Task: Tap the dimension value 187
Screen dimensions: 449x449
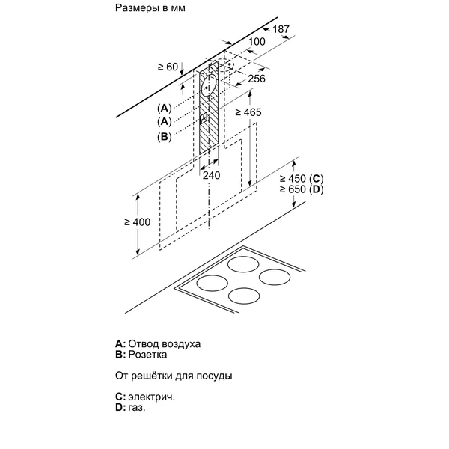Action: pyautogui.click(x=280, y=28)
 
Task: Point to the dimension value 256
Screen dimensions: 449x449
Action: pyautogui.click(x=257, y=79)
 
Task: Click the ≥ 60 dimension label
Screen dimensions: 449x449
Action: pyautogui.click(x=169, y=67)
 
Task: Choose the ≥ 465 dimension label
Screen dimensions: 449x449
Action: pyautogui.click(x=248, y=112)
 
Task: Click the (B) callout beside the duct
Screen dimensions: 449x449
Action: pyautogui.click(x=165, y=136)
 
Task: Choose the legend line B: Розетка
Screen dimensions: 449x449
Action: pyautogui.click(x=141, y=355)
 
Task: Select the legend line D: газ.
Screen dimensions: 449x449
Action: pyautogui.click(x=130, y=409)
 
